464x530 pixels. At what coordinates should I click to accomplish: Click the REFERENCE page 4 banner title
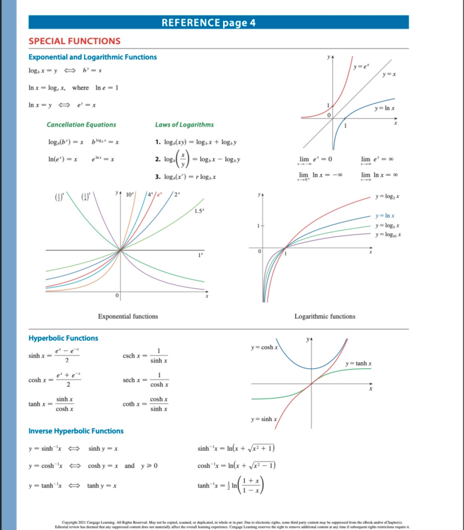coord(208,23)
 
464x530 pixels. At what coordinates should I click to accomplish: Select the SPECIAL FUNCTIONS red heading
coord(75,41)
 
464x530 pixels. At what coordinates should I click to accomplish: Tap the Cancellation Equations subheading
coord(81,125)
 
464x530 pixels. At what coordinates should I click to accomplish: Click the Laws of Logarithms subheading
coord(184,125)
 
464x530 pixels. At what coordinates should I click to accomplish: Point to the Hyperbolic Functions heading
coord(63,338)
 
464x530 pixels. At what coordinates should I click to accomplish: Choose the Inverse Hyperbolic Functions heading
coord(76,431)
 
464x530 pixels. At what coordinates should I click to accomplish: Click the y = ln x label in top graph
coord(384,108)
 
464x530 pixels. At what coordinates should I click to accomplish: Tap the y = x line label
coord(389,74)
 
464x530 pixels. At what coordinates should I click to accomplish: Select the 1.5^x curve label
coord(199,211)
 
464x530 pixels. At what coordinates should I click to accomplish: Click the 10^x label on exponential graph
coord(130,194)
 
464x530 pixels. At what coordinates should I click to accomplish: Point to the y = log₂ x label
coord(387,197)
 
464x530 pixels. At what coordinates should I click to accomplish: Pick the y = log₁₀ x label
coord(388,234)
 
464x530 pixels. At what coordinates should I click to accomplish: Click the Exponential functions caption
coord(128,316)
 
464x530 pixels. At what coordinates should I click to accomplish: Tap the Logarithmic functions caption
coord(325,316)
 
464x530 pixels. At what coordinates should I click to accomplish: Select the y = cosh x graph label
coord(264,347)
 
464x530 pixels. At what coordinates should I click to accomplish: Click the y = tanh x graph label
coord(358,364)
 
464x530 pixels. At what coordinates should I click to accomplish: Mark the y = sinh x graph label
coord(264,419)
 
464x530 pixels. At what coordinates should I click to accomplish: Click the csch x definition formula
coord(145,356)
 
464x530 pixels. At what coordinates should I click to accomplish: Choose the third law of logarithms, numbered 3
coord(186,177)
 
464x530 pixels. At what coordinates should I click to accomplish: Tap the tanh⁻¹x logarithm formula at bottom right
coord(230,486)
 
